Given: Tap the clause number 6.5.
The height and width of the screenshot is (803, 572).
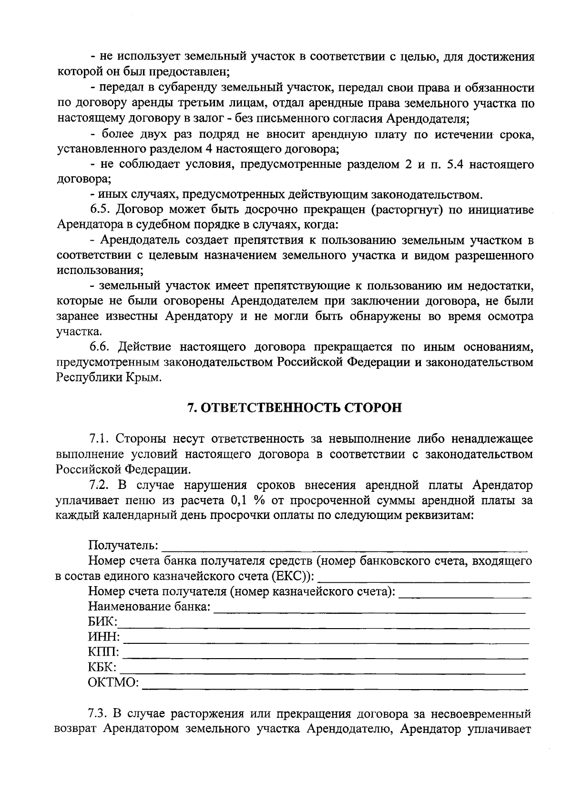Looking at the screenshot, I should (100, 210).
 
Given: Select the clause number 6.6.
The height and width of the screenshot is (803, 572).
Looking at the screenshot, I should (100, 346).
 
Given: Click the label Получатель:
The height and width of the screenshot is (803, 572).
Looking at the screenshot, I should (123, 545).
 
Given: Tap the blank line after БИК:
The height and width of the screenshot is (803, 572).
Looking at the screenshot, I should (324, 624).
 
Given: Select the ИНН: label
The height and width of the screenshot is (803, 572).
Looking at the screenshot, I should (104, 638).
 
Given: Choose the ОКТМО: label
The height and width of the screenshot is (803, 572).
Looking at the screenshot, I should (113, 683).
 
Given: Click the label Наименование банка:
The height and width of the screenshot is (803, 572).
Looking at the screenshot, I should (149, 607).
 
